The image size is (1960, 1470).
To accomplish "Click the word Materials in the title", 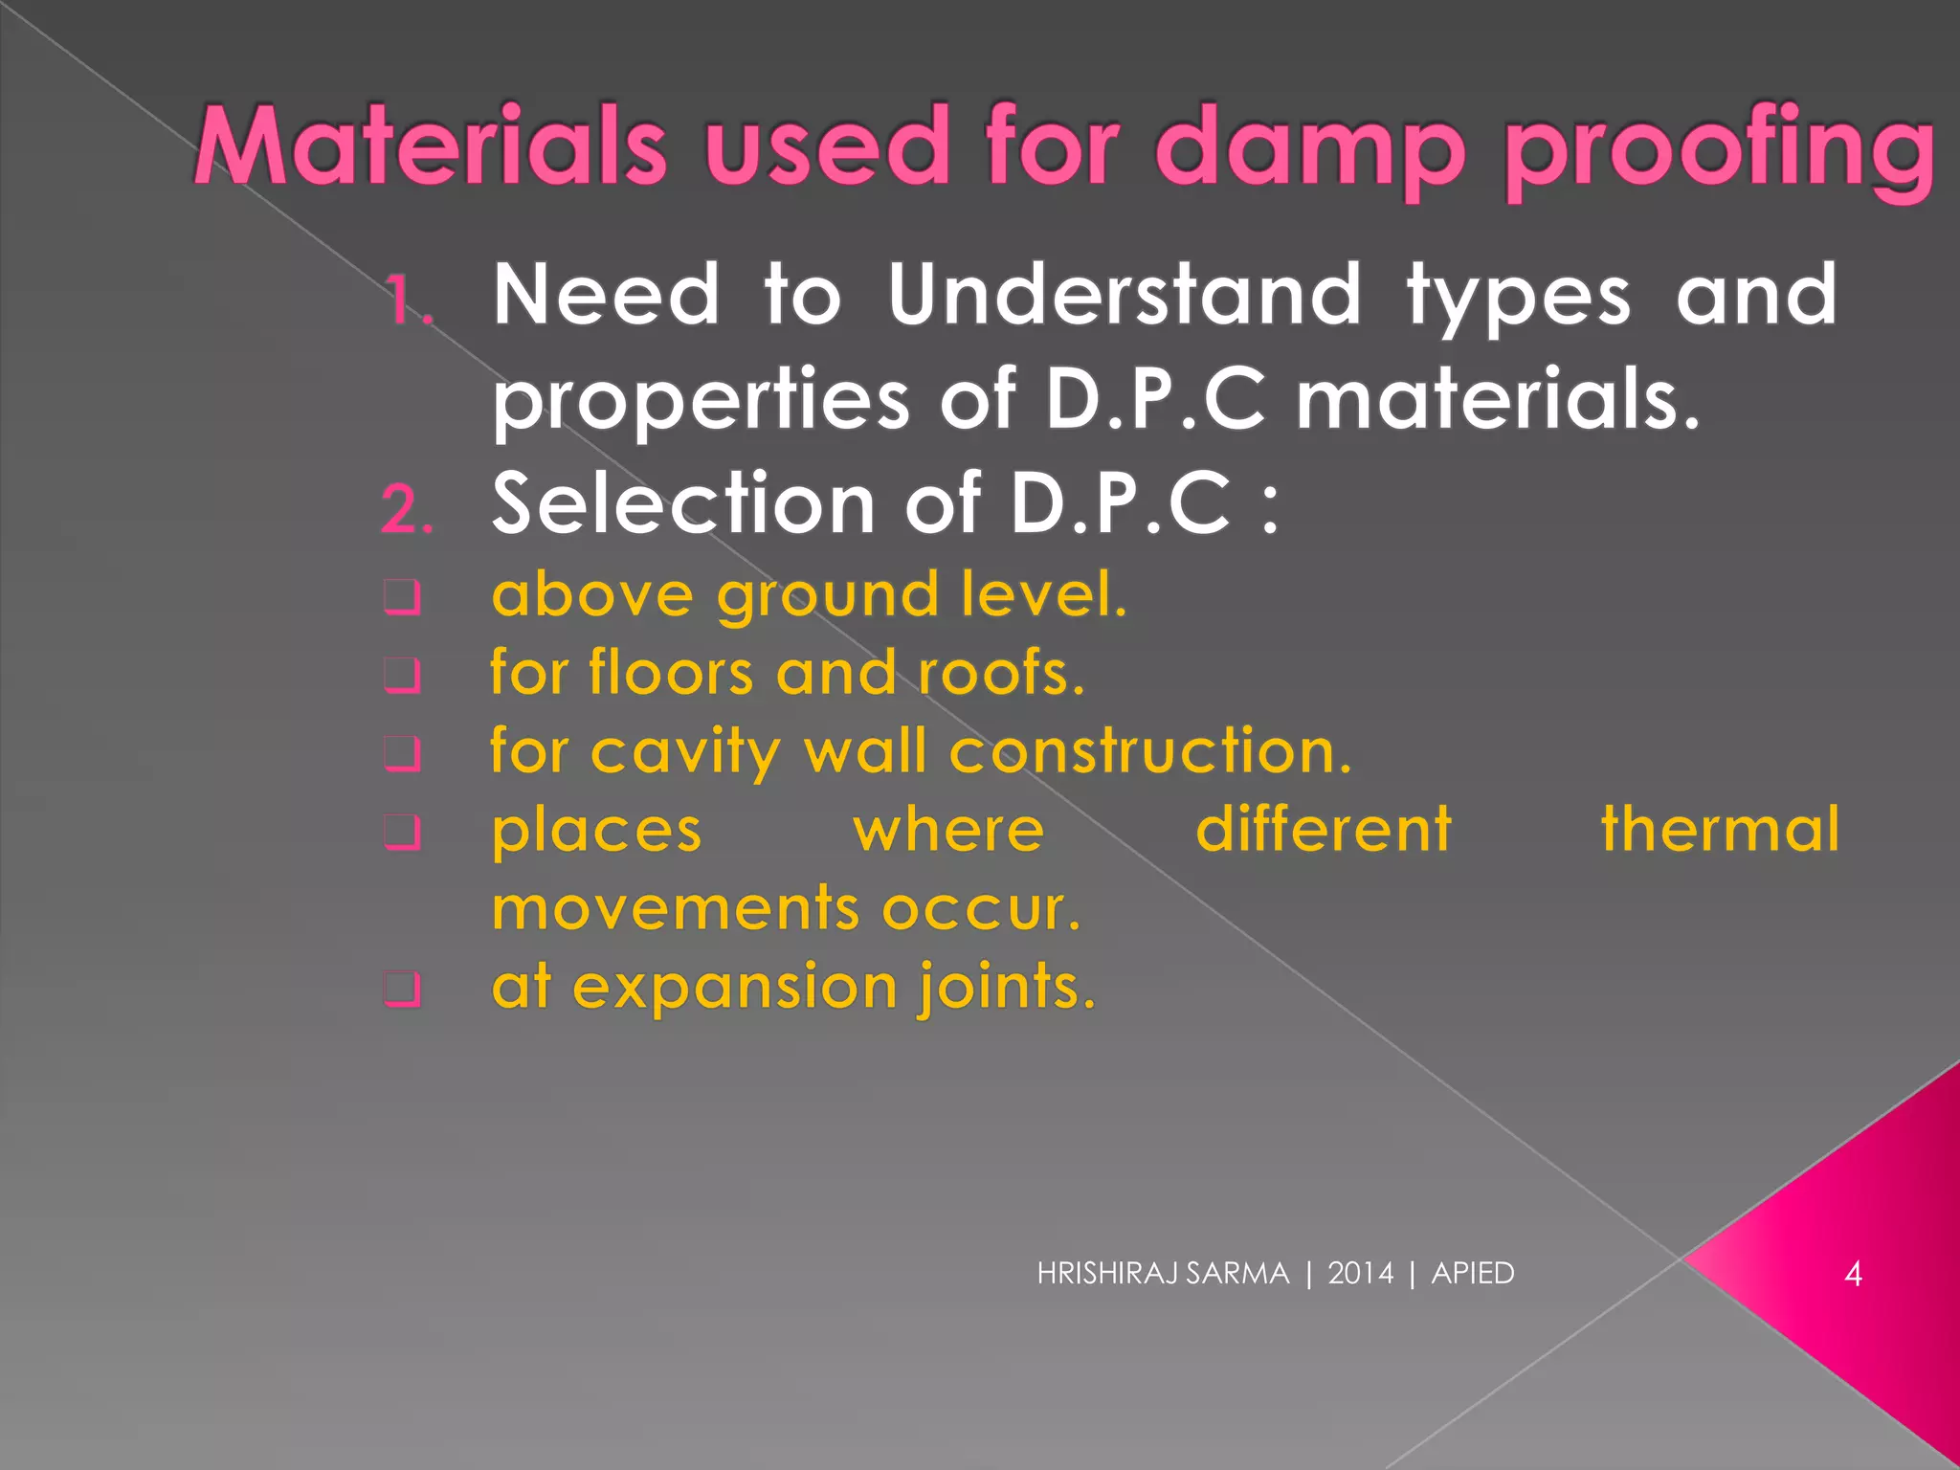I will (x=430, y=145).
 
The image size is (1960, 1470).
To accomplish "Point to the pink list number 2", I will (x=407, y=508).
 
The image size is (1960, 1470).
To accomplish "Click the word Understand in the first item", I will (x=1124, y=295).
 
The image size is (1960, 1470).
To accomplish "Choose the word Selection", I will (x=683, y=503).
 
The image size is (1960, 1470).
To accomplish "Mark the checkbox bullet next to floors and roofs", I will (x=403, y=676).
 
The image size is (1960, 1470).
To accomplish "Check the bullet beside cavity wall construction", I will (x=403, y=754).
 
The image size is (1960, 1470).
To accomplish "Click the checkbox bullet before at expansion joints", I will (x=403, y=989).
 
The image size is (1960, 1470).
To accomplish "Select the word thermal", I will (x=1720, y=829).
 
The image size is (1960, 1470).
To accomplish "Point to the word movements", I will (x=675, y=909).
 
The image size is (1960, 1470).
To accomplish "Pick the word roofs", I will (x=1001, y=674).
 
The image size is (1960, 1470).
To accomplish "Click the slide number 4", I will (x=1853, y=1274).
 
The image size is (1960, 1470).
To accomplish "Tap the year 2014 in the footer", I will (x=1360, y=1274).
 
